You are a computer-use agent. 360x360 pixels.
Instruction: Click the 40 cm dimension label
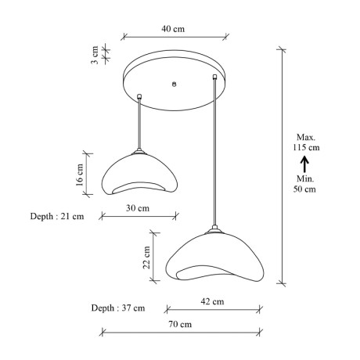173,29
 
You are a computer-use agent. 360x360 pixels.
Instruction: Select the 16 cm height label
80,173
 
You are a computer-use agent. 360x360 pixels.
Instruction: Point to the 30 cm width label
138,208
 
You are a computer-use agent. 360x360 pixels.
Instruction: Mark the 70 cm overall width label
181,324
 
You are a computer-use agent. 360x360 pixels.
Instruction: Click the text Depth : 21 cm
57,216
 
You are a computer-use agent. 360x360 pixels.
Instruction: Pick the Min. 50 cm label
305,183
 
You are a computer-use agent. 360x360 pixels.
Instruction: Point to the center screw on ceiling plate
174,84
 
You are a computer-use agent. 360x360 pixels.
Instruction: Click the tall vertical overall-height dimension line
282,164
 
